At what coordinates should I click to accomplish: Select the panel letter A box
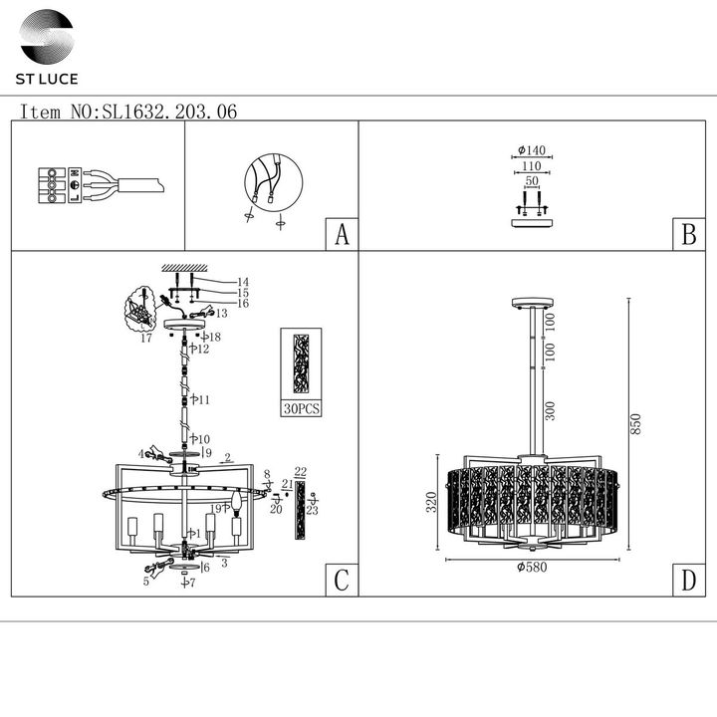[x=342, y=235]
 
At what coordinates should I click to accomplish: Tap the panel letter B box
[x=687, y=235]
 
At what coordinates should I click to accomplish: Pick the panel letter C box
[x=342, y=582]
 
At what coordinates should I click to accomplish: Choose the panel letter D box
[x=687, y=582]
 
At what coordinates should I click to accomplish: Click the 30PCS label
[x=301, y=409]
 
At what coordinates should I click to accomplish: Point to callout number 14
[x=242, y=282]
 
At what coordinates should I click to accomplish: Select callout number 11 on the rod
[x=202, y=399]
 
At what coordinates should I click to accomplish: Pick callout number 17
[x=146, y=339]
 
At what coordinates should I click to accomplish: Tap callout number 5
[x=145, y=581]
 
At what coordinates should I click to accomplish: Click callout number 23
[x=313, y=510]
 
